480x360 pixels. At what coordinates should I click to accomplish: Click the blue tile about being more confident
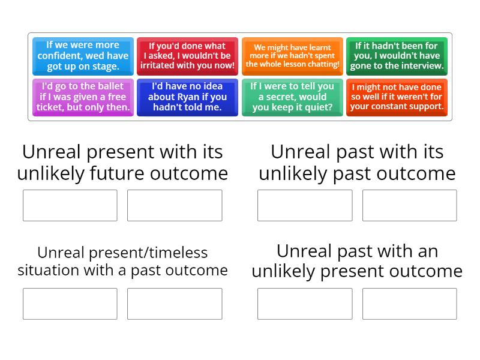[x=83, y=56]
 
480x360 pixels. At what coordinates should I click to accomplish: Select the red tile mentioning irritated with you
[x=187, y=56]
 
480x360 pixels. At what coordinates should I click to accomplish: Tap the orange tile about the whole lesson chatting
[x=292, y=56]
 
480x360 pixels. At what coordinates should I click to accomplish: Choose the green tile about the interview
[x=397, y=56]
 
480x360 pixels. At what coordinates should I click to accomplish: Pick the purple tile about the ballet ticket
[x=83, y=97]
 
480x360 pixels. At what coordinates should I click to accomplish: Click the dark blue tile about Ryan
[x=187, y=97]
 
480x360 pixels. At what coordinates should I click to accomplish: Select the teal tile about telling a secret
[x=292, y=97]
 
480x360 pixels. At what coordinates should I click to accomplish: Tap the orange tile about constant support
[x=397, y=97]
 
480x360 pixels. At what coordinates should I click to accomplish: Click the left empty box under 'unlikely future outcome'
[x=70, y=205]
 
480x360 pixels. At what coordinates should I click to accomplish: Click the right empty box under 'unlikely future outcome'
[x=175, y=205]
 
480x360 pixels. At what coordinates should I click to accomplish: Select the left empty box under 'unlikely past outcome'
[x=305, y=205]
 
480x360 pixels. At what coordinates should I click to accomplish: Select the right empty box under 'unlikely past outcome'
[x=409, y=205]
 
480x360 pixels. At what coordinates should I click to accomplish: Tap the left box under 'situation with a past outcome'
[x=70, y=304]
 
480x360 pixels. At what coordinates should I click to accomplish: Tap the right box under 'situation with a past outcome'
[x=175, y=304]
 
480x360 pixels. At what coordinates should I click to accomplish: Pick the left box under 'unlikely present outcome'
[x=305, y=304]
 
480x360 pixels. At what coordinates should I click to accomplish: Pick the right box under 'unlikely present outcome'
[x=409, y=304]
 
